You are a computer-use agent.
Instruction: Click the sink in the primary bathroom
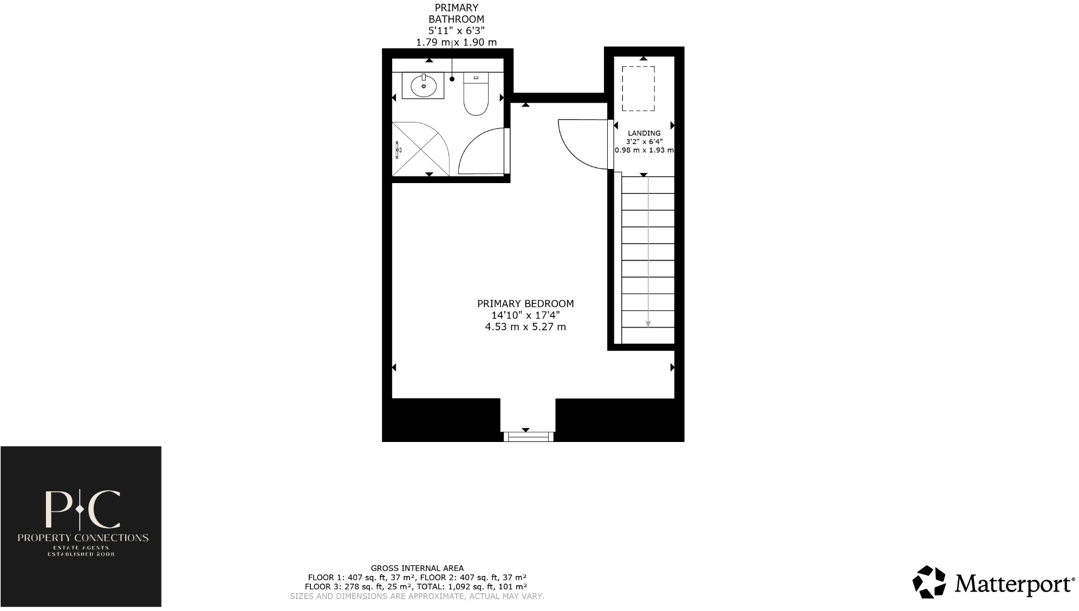click(424, 86)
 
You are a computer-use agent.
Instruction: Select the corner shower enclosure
click(417, 149)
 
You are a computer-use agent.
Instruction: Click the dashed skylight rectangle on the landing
click(638, 89)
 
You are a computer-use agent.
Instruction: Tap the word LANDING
click(644, 133)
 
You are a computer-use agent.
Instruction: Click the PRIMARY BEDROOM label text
click(525, 304)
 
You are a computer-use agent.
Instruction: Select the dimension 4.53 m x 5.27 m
click(525, 327)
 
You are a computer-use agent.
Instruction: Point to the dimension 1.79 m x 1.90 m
click(456, 42)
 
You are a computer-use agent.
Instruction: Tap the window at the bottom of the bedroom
click(528, 436)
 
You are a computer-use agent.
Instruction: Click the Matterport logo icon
click(929, 582)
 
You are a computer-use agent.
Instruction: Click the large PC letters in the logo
click(82, 509)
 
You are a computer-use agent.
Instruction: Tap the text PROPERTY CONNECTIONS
click(83, 538)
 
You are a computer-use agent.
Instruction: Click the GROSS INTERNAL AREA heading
click(417, 568)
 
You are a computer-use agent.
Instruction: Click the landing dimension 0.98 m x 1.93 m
click(644, 150)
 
